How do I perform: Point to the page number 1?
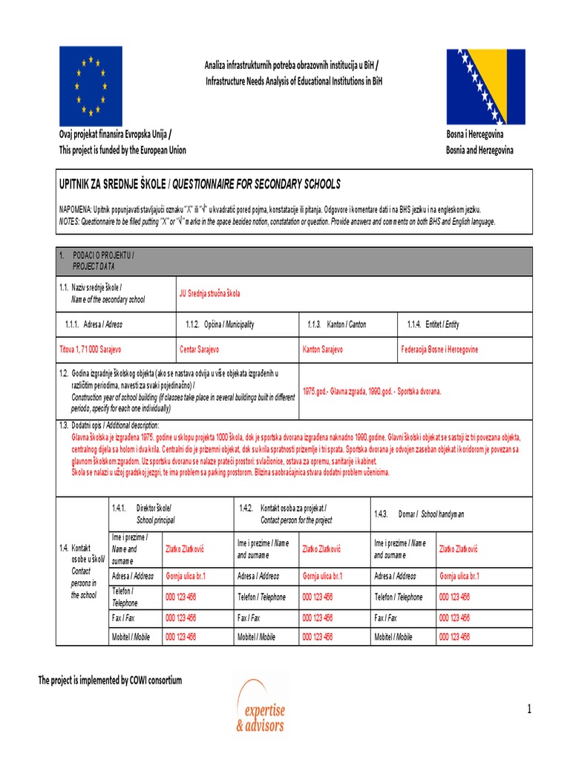tap(529, 710)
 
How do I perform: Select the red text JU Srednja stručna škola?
tap(210, 293)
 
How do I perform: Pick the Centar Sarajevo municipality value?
tap(200, 349)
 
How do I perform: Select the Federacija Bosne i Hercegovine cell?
tap(439, 349)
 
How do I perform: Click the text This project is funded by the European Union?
tap(122, 150)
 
